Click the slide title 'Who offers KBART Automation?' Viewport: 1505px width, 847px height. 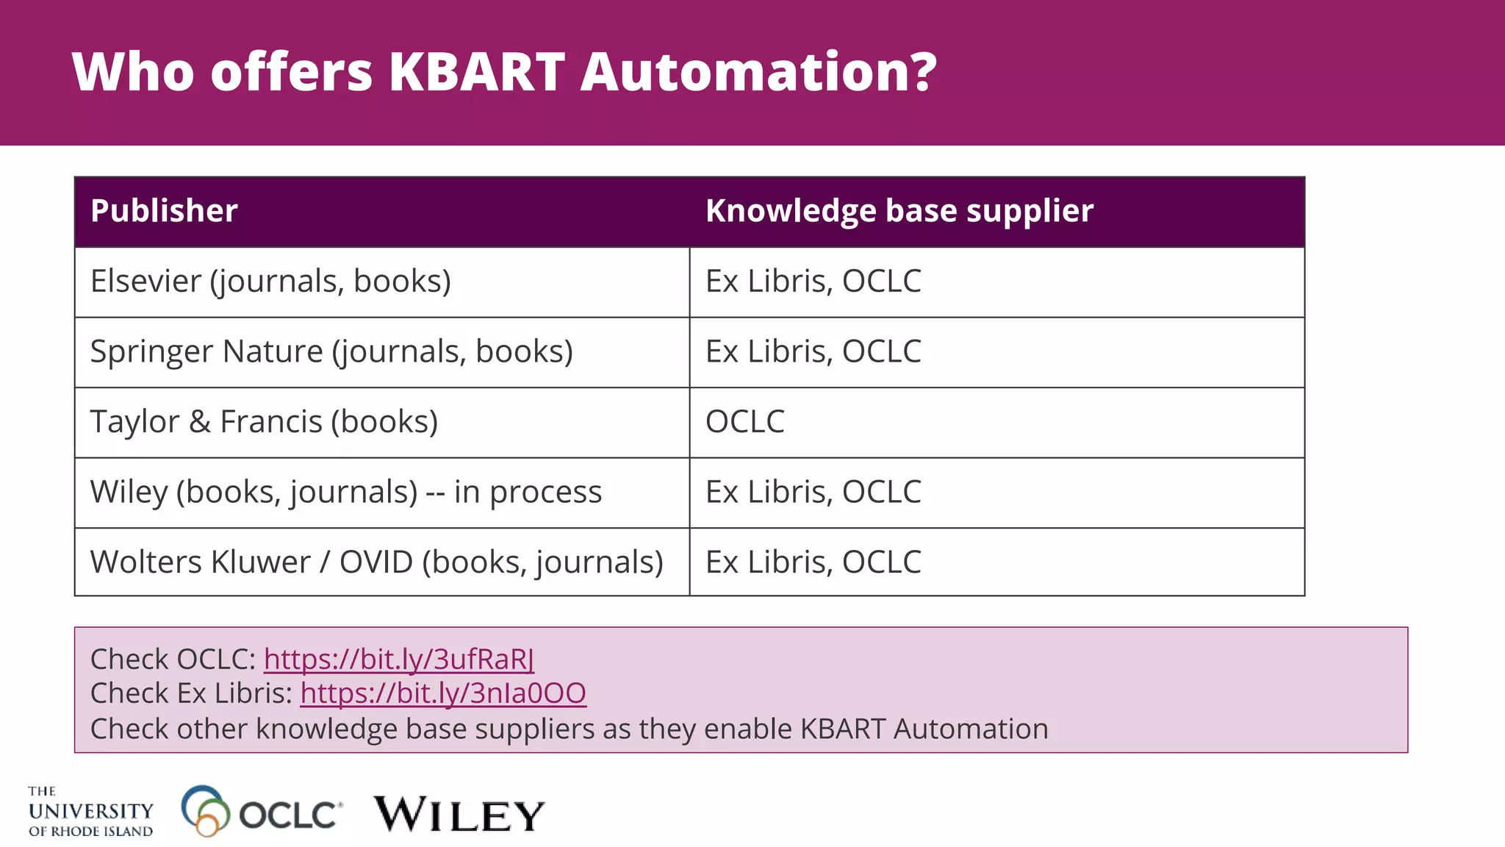point(504,72)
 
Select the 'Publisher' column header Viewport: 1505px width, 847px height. point(164,211)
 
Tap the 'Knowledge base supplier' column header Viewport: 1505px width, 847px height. point(899,211)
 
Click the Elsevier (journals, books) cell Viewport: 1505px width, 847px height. point(270,282)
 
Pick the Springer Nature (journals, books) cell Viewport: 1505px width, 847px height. point(331,351)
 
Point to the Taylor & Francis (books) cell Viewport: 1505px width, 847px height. point(264,422)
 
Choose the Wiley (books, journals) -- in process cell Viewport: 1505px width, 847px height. point(345,492)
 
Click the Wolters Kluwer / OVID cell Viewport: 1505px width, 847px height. point(376,562)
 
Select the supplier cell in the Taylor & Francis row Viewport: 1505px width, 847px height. point(745,422)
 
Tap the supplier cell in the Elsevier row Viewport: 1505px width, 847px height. point(813,282)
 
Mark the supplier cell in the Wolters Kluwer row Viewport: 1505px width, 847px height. point(813,562)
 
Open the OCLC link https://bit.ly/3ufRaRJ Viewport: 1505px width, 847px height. point(399,660)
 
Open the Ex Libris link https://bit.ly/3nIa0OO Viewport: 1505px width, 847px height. point(443,693)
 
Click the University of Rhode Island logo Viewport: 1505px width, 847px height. point(90,812)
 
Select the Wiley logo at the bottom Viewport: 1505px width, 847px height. point(459,815)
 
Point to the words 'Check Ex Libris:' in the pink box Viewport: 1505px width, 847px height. point(191,693)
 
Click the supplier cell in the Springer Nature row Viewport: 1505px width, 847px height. point(813,351)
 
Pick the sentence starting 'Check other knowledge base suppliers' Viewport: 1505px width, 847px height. point(569,729)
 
